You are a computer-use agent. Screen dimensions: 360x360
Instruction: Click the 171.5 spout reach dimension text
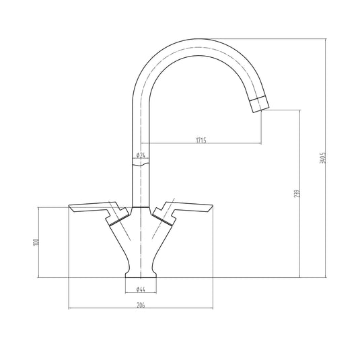click(x=201, y=141)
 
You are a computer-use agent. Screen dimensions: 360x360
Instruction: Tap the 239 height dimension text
click(x=296, y=194)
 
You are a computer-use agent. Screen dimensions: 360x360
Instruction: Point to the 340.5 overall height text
click(x=323, y=158)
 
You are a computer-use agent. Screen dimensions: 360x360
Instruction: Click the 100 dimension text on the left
click(x=38, y=242)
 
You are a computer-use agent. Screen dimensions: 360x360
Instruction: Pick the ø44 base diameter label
click(x=141, y=289)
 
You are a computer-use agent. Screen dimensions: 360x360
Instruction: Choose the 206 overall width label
click(x=141, y=305)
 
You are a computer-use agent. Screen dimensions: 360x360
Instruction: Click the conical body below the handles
click(x=141, y=242)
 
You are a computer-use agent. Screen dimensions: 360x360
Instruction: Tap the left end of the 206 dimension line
click(x=69, y=310)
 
